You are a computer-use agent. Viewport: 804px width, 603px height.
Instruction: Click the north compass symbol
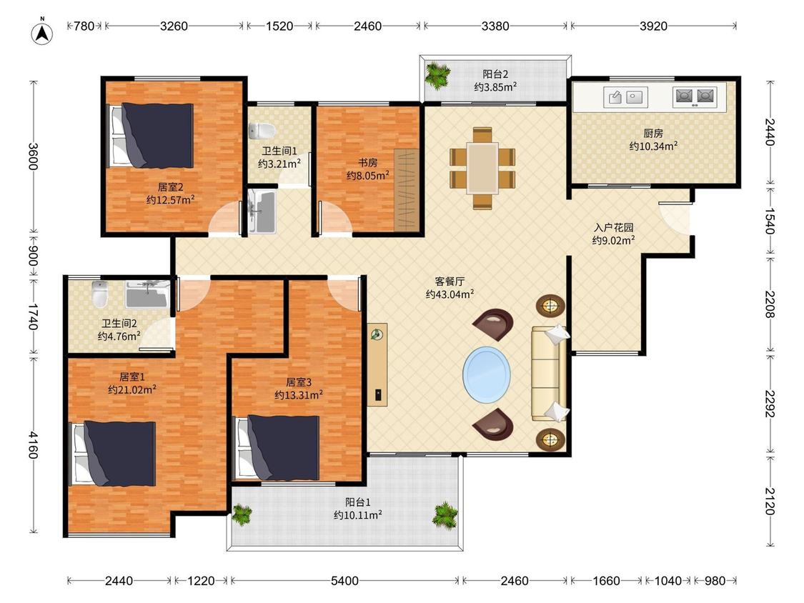(43, 33)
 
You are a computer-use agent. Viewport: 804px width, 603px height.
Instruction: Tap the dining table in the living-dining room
(482, 168)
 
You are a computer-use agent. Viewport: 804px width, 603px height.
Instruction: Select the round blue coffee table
(487, 374)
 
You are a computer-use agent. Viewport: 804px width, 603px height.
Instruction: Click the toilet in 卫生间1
(261, 131)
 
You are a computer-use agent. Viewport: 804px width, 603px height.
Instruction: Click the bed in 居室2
(150, 135)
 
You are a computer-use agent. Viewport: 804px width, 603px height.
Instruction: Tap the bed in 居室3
(277, 448)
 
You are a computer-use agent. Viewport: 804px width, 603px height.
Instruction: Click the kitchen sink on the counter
(625, 97)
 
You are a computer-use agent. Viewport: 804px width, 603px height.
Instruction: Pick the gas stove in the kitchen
(695, 97)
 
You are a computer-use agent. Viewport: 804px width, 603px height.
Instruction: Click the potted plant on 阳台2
(437, 76)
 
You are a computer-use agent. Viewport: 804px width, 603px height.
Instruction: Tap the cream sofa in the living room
(550, 373)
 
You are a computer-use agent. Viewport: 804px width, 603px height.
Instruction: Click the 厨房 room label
(653, 134)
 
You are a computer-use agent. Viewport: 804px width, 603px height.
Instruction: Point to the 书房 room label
(367, 163)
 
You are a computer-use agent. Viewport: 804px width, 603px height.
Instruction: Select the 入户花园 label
(614, 227)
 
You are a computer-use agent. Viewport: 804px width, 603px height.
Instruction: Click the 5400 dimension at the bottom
(344, 580)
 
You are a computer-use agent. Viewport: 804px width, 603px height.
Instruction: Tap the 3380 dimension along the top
(495, 26)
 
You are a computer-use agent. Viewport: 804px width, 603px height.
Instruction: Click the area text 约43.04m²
(450, 294)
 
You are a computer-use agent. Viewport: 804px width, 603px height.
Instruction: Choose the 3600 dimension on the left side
(33, 156)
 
